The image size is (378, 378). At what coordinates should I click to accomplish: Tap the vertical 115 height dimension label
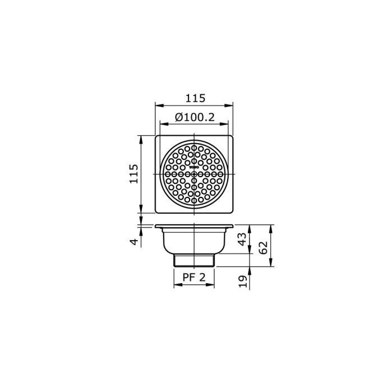[x=133, y=174]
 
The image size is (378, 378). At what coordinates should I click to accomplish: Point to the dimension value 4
[x=133, y=242]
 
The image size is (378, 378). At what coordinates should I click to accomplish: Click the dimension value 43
[x=242, y=238]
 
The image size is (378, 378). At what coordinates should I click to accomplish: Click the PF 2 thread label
[x=194, y=276]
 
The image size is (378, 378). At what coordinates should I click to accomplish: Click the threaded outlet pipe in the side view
[x=194, y=260]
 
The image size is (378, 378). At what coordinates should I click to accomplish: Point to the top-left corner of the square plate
[x=156, y=136]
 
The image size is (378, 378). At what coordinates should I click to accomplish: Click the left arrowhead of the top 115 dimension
[x=158, y=105]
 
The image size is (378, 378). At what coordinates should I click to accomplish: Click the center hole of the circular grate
[x=194, y=174]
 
